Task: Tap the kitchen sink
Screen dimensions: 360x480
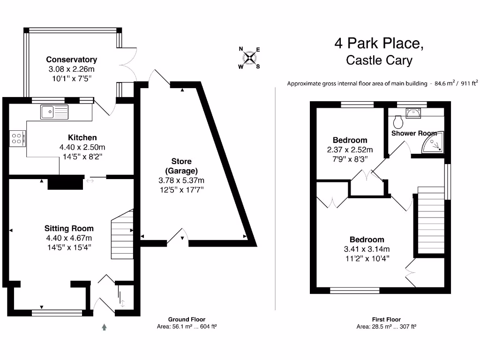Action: pos(54,112)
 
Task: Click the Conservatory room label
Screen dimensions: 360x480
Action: pos(71,60)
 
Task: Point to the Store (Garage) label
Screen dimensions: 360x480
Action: pos(181,166)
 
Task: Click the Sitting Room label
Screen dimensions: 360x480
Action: pos(69,229)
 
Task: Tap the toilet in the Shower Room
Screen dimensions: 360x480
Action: pos(399,122)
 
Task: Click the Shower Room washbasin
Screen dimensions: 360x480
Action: pos(413,112)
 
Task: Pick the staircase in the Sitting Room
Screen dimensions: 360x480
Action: pos(122,234)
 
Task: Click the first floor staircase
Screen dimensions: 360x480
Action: pos(428,220)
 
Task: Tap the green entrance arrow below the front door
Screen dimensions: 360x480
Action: pos(104,326)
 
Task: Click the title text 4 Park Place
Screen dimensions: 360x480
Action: pos(379,44)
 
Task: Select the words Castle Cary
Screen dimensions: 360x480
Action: pos(379,60)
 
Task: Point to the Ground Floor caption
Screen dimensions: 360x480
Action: pos(187,319)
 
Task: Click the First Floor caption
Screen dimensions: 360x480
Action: pos(386,319)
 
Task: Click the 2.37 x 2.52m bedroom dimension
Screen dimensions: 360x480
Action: pos(350,150)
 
